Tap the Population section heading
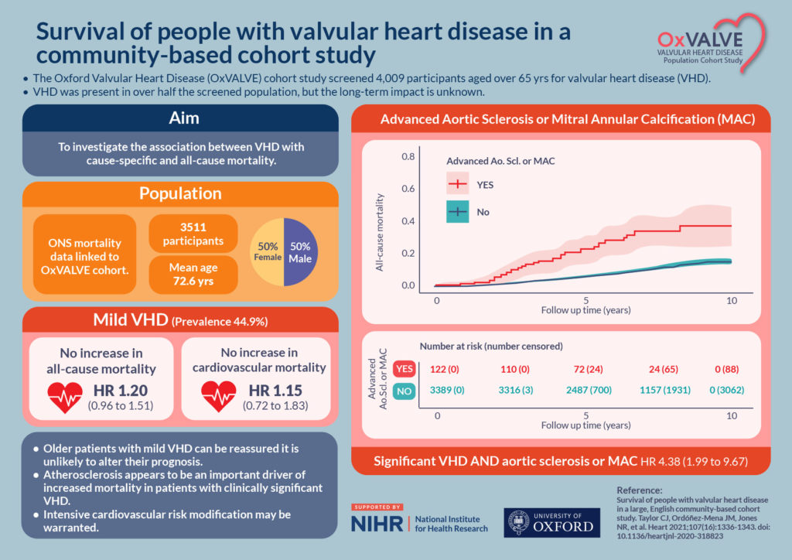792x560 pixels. tap(180, 193)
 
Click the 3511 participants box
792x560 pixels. tap(193, 234)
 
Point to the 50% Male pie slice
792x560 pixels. tap(299, 252)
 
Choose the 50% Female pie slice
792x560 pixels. tap(268, 252)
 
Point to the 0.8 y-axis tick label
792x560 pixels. tap(408, 156)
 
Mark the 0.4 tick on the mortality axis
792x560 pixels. tap(408, 221)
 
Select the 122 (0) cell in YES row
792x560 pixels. tap(437, 368)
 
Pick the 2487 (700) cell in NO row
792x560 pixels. tap(585, 391)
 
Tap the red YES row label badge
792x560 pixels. tap(403, 368)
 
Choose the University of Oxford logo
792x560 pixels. tap(551, 524)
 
